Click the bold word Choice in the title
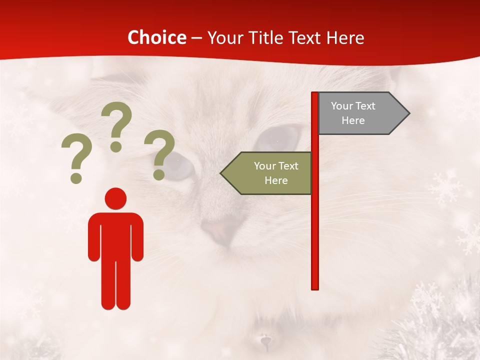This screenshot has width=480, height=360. [156, 37]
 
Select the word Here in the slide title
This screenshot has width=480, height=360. [345, 37]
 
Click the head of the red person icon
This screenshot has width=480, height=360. [115, 199]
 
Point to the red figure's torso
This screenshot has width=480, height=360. [115, 235]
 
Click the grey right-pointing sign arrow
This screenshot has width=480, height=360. [360, 113]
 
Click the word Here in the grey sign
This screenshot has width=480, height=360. [353, 120]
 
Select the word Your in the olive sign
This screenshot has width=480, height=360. [265, 166]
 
